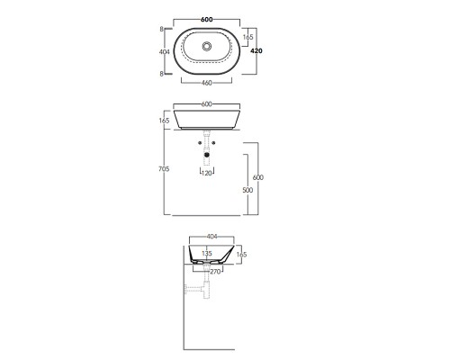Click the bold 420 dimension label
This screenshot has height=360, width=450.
pos(256,51)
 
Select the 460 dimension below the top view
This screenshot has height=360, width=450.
pos(207,83)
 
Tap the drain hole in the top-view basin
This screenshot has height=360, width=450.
pos(207,46)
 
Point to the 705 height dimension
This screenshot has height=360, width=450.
pos(164,169)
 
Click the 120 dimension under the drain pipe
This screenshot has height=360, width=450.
pos(207,173)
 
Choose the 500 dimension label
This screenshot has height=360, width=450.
pos(247,190)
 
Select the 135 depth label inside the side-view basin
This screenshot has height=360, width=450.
pos(207,254)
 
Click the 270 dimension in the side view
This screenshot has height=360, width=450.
pos(215,272)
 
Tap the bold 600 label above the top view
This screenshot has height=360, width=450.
pos(207,20)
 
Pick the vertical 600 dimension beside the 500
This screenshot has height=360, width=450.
pos(258,177)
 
